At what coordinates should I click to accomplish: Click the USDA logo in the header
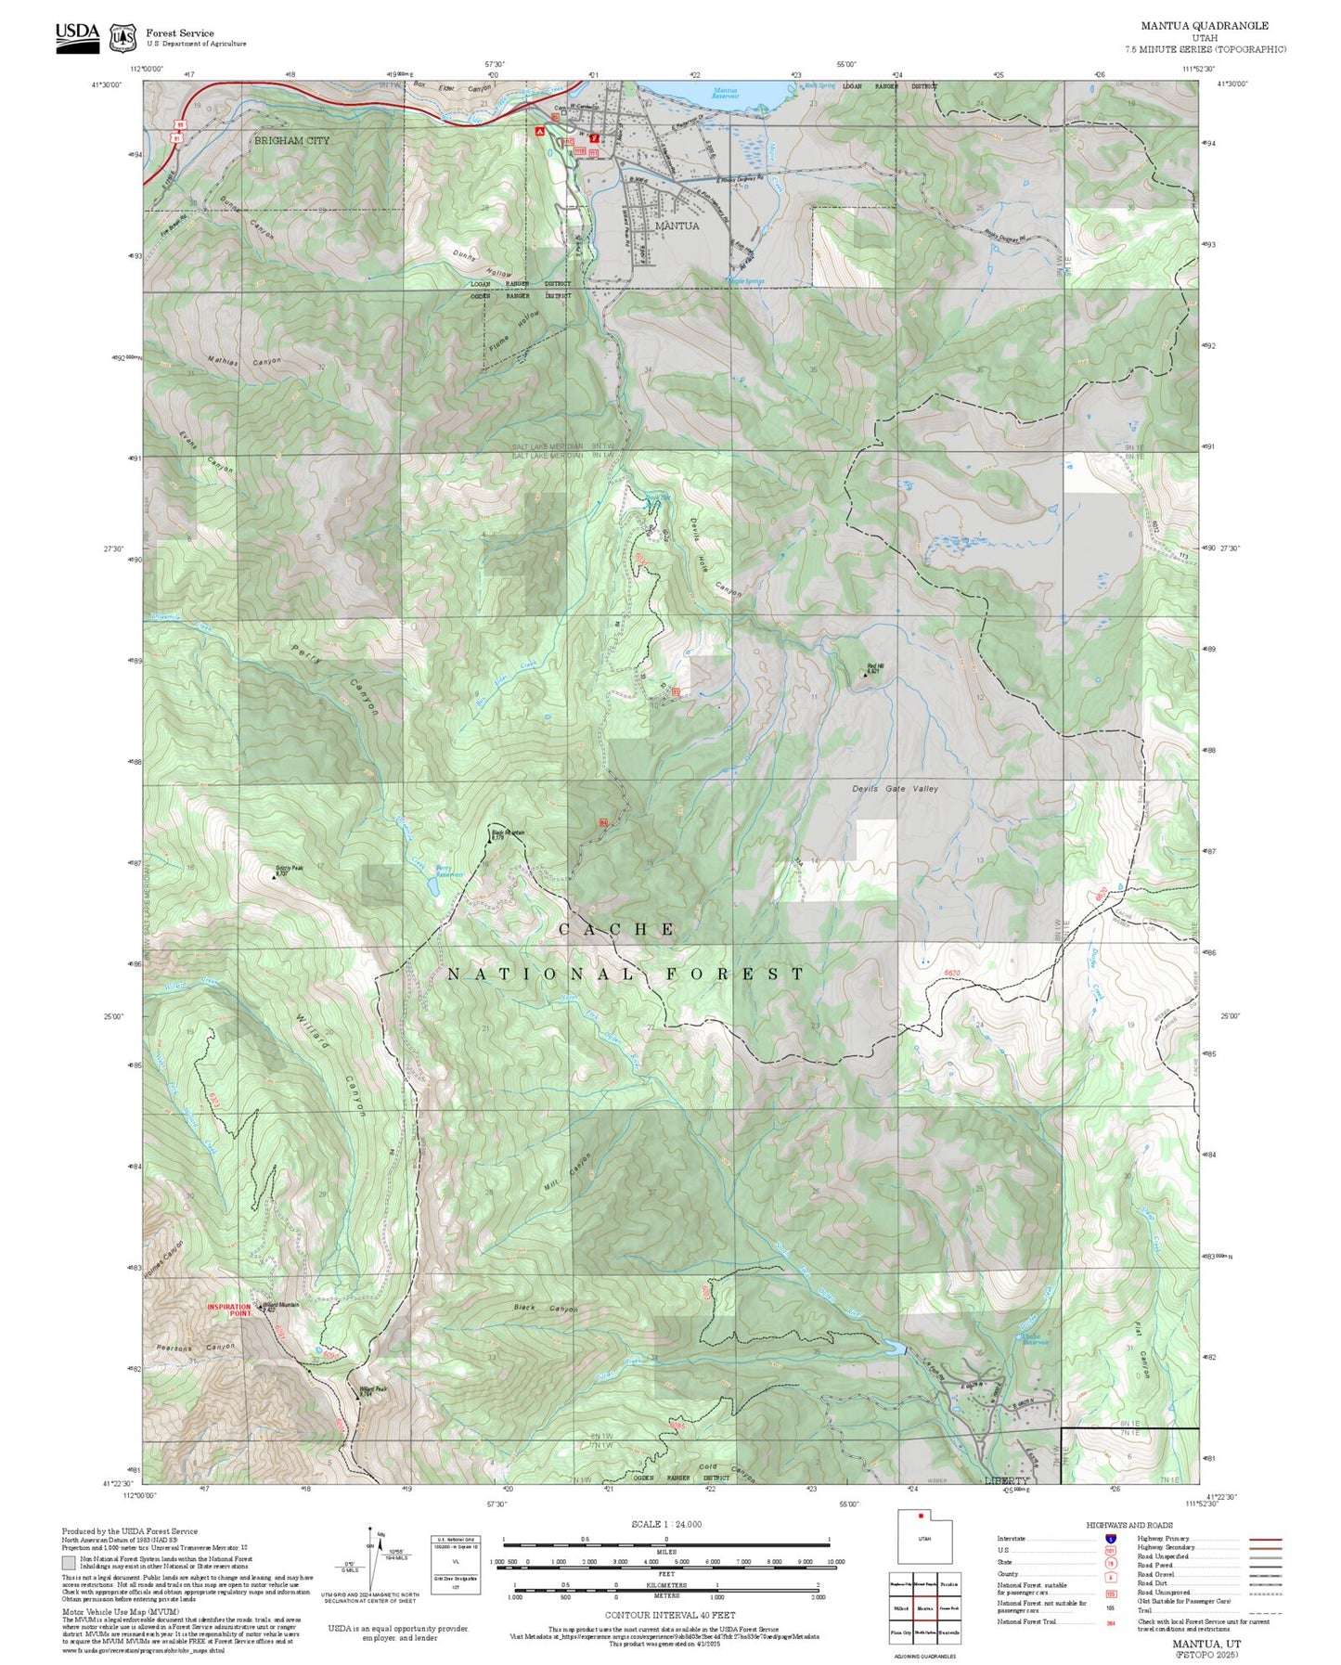[x=77, y=37]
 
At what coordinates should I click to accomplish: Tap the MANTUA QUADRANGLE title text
[x=1205, y=26]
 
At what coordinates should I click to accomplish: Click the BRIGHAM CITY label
[x=291, y=140]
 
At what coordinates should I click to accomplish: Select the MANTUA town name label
[x=677, y=226]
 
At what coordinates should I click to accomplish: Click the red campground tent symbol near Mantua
[x=538, y=134]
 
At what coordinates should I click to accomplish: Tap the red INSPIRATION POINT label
[x=229, y=1310]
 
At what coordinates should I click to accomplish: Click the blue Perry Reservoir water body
[x=433, y=884]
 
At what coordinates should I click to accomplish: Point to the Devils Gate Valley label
[x=895, y=789]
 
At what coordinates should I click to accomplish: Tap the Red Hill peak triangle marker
[x=866, y=675]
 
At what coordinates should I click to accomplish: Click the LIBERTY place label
[x=1007, y=1480]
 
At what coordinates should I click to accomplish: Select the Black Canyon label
[x=546, y=1309]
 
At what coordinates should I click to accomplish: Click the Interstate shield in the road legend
[x=1111, y=1538]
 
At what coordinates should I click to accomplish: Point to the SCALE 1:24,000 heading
[x=665, y=1524]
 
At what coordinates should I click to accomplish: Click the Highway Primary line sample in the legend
[x=1265, y=1539]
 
